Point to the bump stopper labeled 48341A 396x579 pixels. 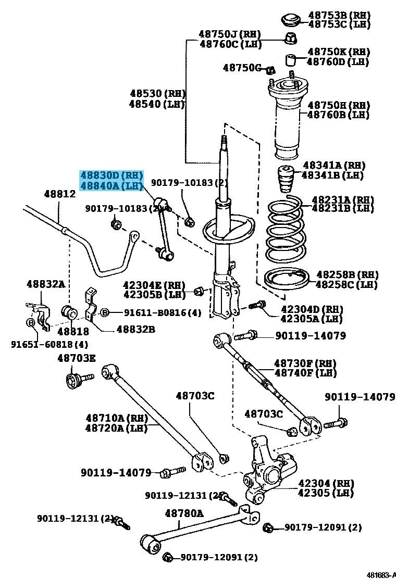(284, 180)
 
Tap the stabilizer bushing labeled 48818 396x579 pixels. (69, 313)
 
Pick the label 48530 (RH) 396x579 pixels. (157, 94)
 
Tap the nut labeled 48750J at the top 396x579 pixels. (291, 38)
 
